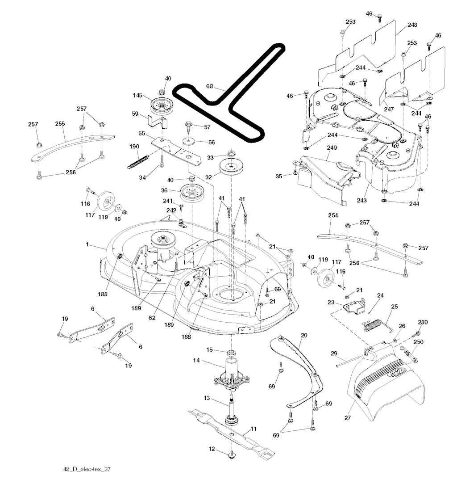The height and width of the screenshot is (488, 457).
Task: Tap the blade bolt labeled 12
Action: click(232, 455)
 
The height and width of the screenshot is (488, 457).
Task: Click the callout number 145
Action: click(137, 95)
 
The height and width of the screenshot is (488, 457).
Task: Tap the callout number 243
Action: click(361, 201)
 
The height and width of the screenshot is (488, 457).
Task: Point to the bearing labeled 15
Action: click(231, 354)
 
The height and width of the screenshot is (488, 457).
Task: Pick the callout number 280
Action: click(422, 323)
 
